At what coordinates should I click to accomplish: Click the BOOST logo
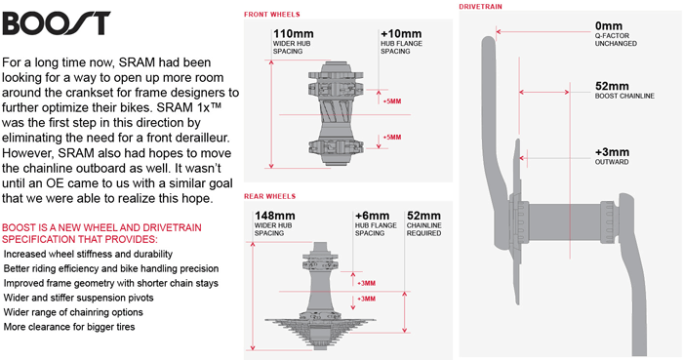[57, 23]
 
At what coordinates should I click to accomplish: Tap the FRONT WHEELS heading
[272, 15]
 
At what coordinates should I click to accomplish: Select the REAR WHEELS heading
[269, 196]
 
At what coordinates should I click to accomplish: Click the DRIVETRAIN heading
[480, 7]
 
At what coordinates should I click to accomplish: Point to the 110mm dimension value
[293, 34]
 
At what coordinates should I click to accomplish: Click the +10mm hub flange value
[401, 34]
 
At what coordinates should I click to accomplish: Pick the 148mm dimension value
[275, 216]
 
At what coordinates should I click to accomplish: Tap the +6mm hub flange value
[372, 216]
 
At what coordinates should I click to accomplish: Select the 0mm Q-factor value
[609, 26]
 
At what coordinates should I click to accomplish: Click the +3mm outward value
[612, 152]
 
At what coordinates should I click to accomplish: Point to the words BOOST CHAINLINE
[624, 96]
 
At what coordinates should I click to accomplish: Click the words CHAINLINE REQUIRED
[423, 229]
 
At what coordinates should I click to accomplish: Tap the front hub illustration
[335, 113]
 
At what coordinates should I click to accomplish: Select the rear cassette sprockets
[320, 332]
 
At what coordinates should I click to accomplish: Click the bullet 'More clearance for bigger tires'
[69, 327]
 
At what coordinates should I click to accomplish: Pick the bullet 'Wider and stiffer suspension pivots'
[78, 298]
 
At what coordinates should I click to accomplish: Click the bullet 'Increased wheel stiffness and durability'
[88, 255]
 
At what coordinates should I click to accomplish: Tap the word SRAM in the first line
[137, 62]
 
